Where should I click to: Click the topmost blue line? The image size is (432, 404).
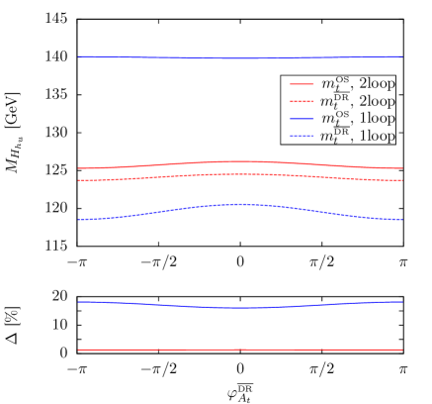(240, 57)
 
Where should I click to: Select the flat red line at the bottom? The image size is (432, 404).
(240, 350)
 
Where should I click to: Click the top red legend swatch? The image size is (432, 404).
(302, 84)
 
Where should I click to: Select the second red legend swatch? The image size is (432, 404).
(302, 101)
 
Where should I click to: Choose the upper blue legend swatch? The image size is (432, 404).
(302, 119)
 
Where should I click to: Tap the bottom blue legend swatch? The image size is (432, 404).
(302, 136)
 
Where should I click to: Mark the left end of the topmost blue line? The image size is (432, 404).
(79, 56)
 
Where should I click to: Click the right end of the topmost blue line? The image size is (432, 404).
(402, 56)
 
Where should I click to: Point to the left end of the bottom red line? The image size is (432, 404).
(79, 350)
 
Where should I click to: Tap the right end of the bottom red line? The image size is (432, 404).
(402, 350)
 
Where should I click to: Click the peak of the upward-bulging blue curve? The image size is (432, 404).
(241, 204)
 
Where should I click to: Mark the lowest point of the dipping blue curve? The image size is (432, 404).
(241, 308)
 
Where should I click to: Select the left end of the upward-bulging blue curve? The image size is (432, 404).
(79, 220)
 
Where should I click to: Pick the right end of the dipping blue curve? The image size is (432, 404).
(402, 301)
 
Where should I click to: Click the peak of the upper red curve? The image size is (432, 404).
(240, 161)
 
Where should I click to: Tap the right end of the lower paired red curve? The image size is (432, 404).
(402, 180)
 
